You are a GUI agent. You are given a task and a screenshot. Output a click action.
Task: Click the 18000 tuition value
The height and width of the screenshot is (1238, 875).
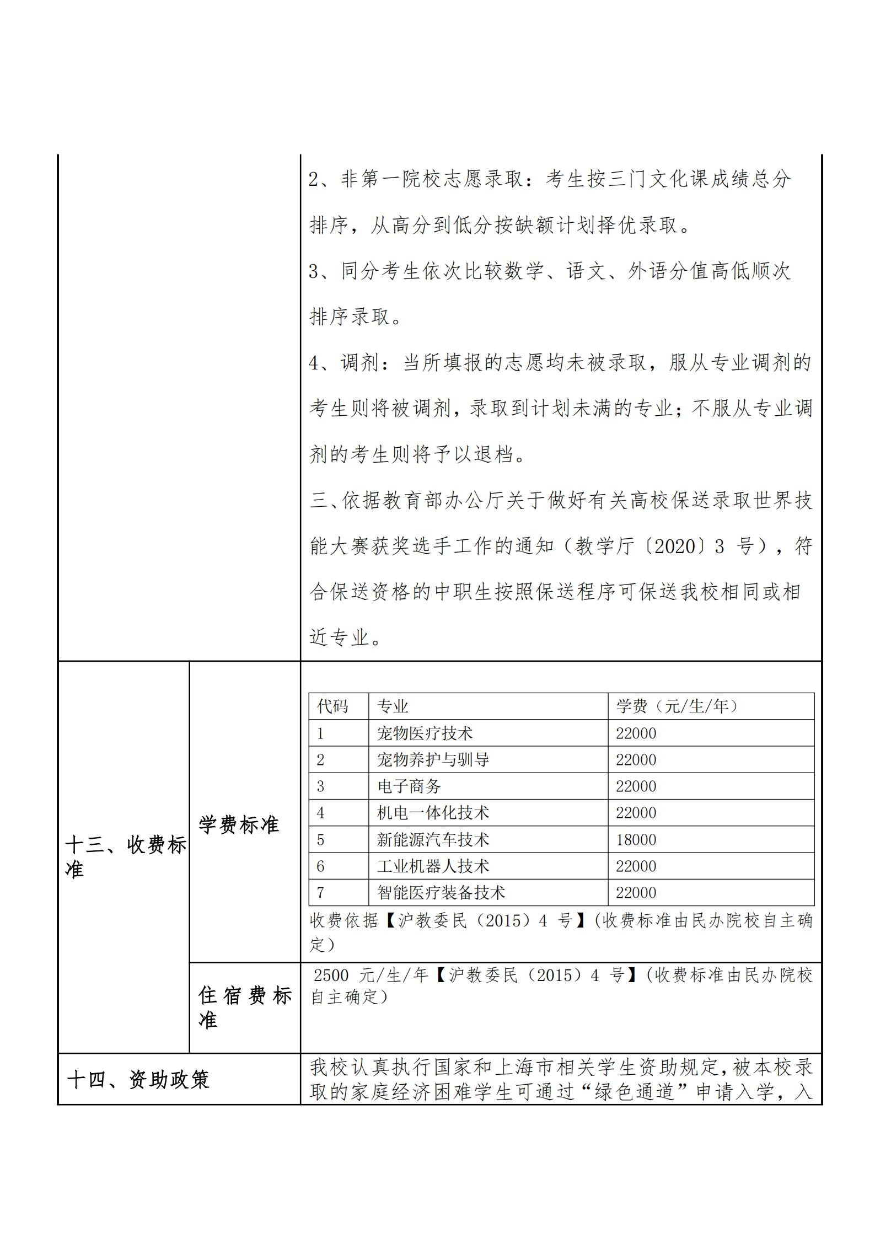click(x=636, y=840)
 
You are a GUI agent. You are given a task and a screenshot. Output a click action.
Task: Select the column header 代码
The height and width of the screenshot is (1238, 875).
click(x=332, y=706)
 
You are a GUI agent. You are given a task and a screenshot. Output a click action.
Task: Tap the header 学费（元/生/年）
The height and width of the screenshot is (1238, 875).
click(x=677, y=706)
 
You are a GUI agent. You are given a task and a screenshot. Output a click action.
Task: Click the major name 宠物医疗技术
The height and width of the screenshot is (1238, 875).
click(x=425, y=733)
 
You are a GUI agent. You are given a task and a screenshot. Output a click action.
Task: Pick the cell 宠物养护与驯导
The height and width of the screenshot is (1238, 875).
click(x=433, y=760)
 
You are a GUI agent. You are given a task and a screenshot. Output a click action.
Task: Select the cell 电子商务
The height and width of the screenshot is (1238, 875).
click(x=409, y=786)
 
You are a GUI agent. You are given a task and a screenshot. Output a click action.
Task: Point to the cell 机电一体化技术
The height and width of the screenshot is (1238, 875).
click(x=433, y=813)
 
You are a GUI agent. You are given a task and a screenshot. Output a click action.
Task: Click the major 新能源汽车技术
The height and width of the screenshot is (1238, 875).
click(x=433, y=840)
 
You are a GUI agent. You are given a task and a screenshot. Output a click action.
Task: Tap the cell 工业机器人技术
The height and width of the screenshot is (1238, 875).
click(x=433, y=866)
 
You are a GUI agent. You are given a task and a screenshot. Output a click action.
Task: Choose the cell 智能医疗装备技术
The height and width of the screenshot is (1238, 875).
click(x=441, y=893)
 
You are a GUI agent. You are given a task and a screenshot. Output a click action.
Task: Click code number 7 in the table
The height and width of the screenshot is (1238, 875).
click(x=321, y=893)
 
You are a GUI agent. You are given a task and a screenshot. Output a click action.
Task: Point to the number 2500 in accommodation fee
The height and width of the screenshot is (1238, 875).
click(x=331, y=976)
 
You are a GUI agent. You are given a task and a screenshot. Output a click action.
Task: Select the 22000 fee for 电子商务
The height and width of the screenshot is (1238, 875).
click(x=636, y=786)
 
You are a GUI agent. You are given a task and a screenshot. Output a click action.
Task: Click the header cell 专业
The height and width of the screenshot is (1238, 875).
click(x=393, y=706)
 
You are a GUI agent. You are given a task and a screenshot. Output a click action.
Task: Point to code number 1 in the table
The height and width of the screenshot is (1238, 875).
click(x=320, y=733)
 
